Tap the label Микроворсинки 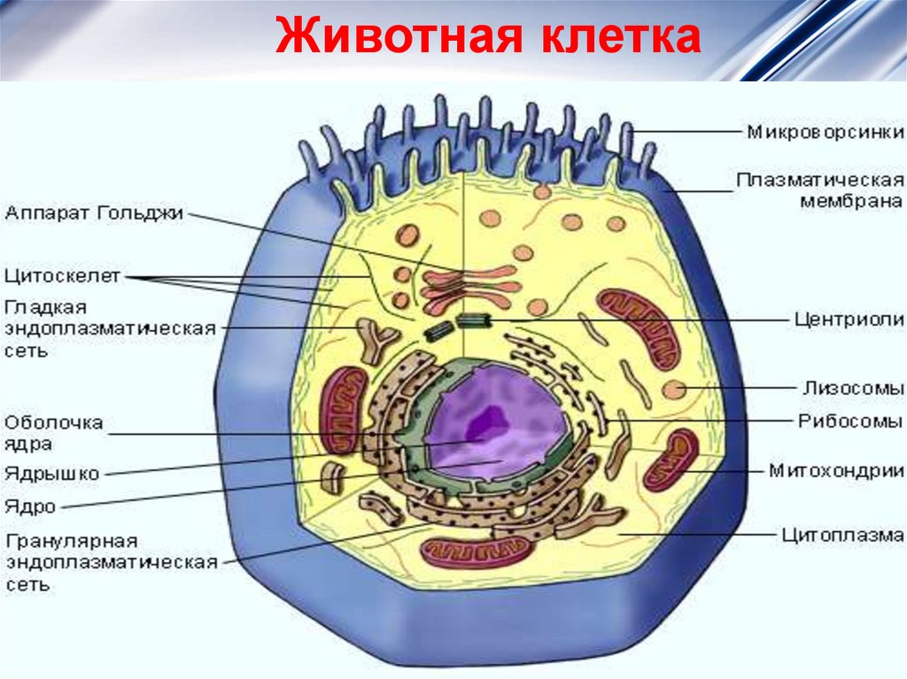point(825,134)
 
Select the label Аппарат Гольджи point(94,212)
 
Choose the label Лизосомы point(853,388)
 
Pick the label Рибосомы point(851,422)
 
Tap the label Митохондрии point(835,470)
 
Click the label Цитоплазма point(841,535)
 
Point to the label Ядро point(30,507)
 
